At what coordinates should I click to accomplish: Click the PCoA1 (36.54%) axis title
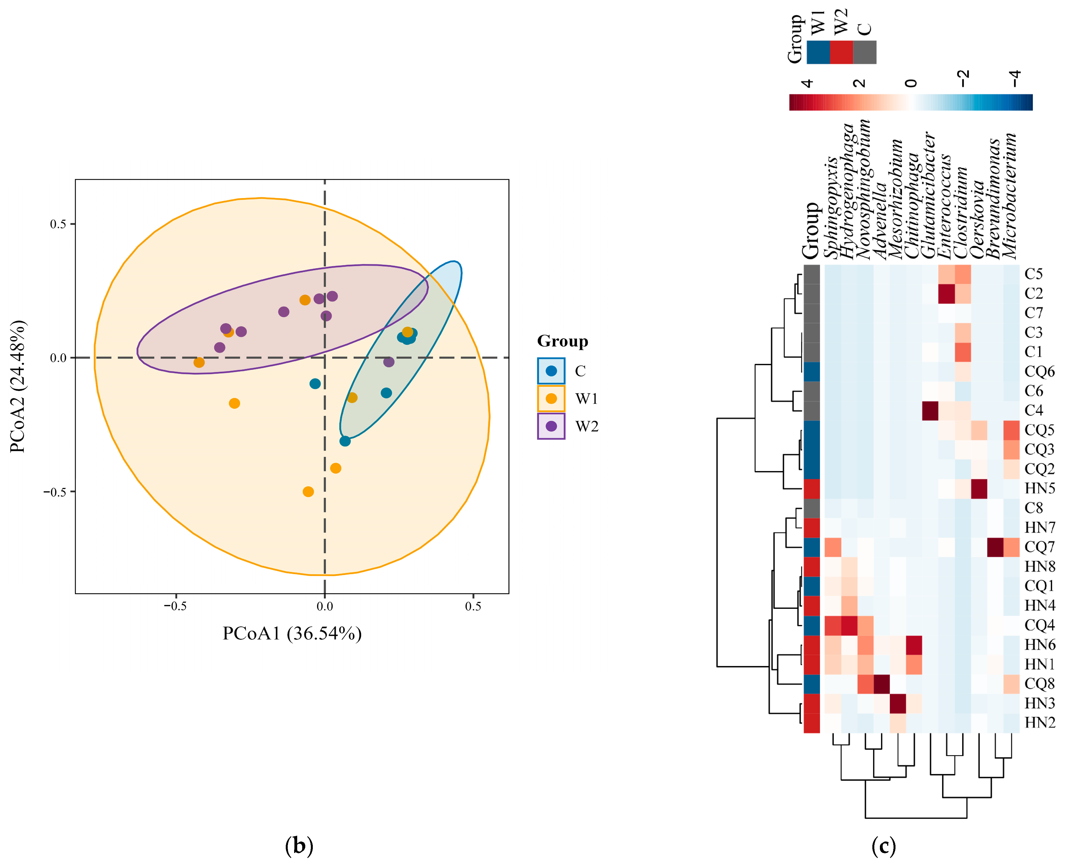pyautogui.click(x=292, y=633)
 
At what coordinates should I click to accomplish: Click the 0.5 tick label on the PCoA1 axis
pyautogui.click(x=473, y=606)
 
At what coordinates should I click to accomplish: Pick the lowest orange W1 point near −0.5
pyautogui.click(x=308, y=492)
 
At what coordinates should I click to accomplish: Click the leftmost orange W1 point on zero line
pyautogui.click(x=199, y=362)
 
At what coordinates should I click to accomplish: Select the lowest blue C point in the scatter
pyautogui.click(x=345, y=441)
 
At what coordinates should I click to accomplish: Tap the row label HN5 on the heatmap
pyautogui.click(x=1040, y=488)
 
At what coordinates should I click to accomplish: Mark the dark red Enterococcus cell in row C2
pyautogui.click(x=946, y=293)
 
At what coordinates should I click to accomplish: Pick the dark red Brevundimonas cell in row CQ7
pyautogui.click(x=995, y=547)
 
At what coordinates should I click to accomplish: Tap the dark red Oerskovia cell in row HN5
pyautogui.click(x=979, y=488)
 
